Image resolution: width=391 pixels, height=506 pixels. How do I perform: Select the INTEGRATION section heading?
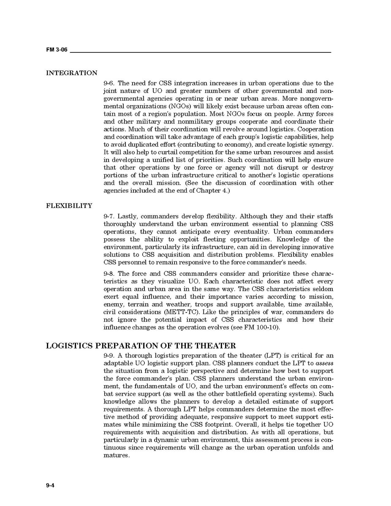point(71,73)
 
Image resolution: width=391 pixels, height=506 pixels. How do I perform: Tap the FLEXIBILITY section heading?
point(69,206)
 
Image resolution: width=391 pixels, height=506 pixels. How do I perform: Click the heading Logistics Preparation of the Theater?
point(141,346)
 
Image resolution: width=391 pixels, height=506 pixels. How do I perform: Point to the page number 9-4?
point(51,485)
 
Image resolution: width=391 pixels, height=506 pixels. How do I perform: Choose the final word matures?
point(116,455)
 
